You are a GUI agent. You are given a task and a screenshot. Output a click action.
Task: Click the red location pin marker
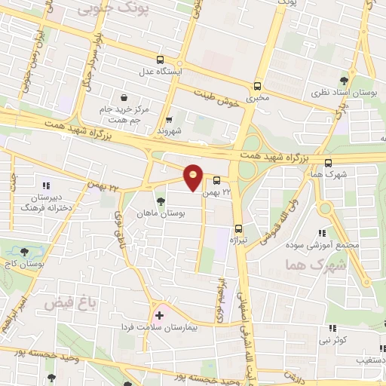tap(194, 176)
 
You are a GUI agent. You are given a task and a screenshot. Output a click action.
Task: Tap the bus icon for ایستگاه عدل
tap(160, 60)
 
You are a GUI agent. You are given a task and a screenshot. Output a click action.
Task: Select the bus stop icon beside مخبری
tap(259, 85)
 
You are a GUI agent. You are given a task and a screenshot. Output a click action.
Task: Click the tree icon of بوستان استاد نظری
tap(344, 79)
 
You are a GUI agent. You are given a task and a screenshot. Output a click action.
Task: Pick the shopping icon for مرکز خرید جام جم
tap(124, 96)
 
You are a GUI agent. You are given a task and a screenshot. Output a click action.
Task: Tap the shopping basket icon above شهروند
tap(169, 118)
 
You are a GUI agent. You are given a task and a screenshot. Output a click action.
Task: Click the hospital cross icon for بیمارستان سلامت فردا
tap(159, 314)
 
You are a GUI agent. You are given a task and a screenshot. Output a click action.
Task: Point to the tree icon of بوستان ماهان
tap(160, 201)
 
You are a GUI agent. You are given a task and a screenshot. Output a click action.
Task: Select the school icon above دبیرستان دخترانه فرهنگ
tap(45, 185)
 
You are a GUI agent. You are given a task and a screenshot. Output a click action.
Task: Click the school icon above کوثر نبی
tap(332, 328)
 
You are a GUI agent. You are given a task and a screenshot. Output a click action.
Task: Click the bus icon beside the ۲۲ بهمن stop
tap(216, 181)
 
